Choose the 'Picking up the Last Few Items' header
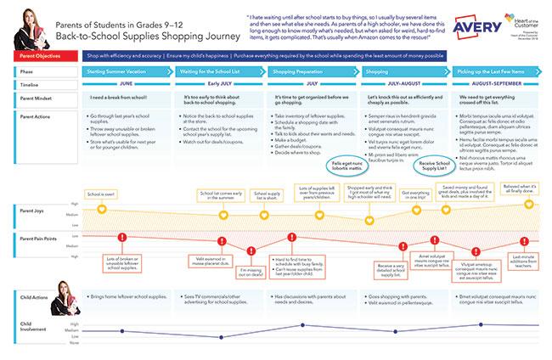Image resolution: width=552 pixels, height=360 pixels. [x=493, y=73]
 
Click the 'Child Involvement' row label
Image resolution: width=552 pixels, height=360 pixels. [x=34, y=327]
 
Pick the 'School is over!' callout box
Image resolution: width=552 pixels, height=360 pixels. [x=102, y=194]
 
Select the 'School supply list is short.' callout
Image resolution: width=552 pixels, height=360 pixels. [x=269, y=196]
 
